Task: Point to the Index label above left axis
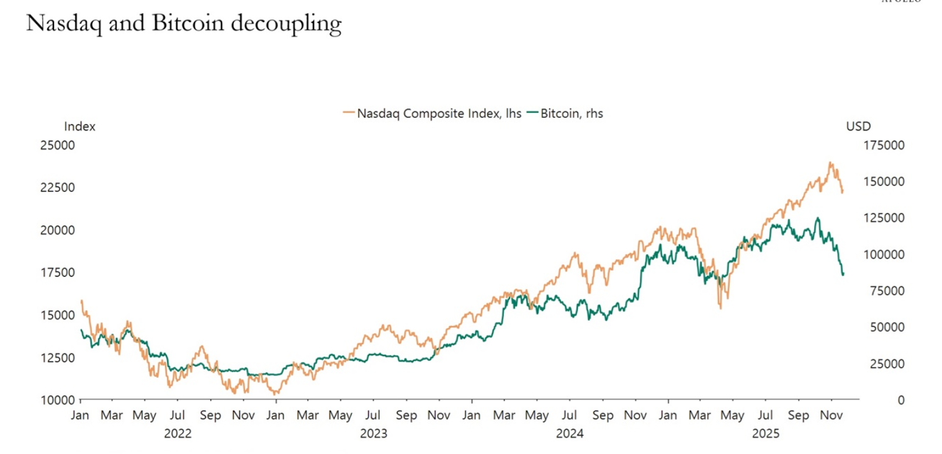click(x=79, y=127)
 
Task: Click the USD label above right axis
click(x=858, y=127)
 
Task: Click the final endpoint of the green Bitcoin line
click(x=843, y=274)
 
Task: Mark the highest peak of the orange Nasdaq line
click(x=830, y=162)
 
